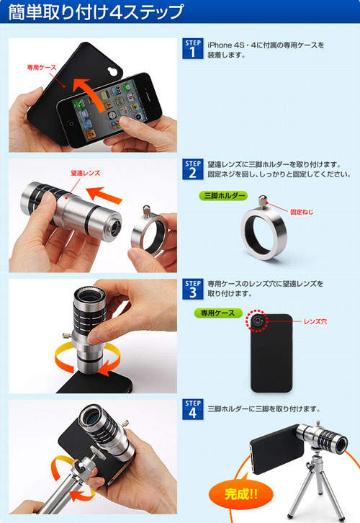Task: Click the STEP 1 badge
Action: pyautogui.click(x=193, y=49)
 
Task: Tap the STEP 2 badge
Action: pyautogui.click(x=193, y=169)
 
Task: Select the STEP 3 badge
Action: pyautogui.click(x=193, y=289)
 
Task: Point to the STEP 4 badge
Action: pyautogui.click(x=193, y=409)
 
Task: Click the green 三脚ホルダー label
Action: pyautogui.click(x=223, y=195)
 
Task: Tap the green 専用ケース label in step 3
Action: pyautogui.click(x=218, y=313)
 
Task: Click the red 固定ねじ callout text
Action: pyautogui.click(x=302, y=212)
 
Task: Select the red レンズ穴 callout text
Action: pyautogui.click(x=315, y=321)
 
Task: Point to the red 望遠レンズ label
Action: pyautogui.click(x=86, y=173)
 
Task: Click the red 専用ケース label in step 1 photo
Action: pyautogui.click(x=42, y=68)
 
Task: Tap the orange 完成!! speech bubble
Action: pyautogui.click(x=240, y=493)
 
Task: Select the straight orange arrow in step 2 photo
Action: pyautogui.click(x=104, y=195)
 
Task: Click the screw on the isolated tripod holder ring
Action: pyautogui.click(x=263, y=202)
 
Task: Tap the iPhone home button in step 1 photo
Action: pyautogui.click(x=71, y=124)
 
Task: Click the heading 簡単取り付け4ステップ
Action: pyautogui.click(x=96, y=12)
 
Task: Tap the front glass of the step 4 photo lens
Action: pyautogui.click(x=91, y=416)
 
